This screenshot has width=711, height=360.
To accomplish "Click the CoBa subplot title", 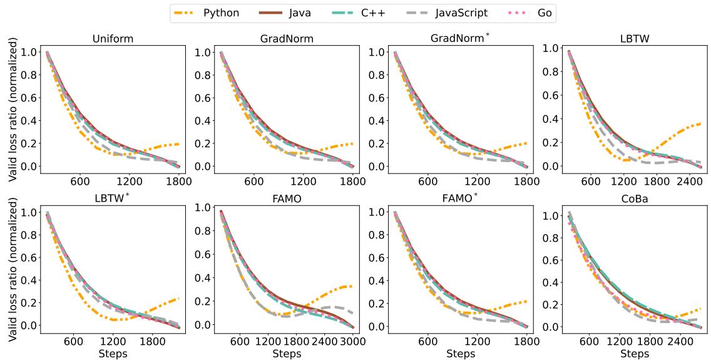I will click(x=630, y=199).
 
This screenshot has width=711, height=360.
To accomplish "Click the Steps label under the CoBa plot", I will click(x=630, y=354).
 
